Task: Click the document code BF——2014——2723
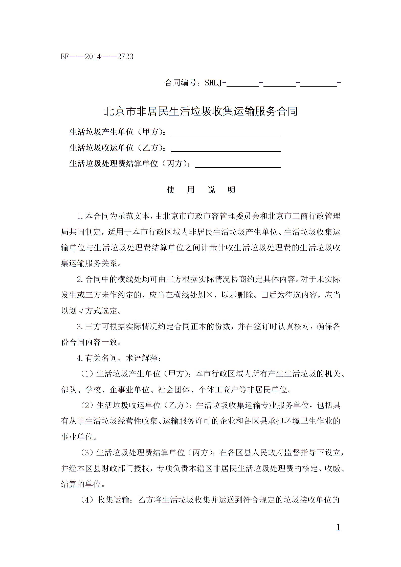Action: point(97,57)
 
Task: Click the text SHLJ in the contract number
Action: point(213,83)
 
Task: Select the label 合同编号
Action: point(181,83)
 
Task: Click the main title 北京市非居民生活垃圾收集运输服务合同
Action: point(201,111)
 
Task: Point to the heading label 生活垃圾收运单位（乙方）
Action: point(118,148)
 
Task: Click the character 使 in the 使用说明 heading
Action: point(171,190)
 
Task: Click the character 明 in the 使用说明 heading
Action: point(232,190)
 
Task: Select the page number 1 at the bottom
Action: point(338,527)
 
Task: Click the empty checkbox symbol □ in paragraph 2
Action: point(264,295)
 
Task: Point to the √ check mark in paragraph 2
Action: point(81,311)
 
